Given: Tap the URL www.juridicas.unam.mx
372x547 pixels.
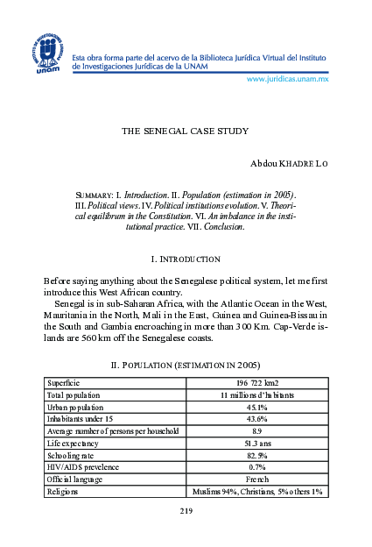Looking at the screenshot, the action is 287,79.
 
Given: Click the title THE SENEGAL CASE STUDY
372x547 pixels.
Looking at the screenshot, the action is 186,131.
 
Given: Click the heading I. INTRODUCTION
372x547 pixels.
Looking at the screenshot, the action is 186,259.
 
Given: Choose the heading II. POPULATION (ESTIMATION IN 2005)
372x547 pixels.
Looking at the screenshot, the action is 185,364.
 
